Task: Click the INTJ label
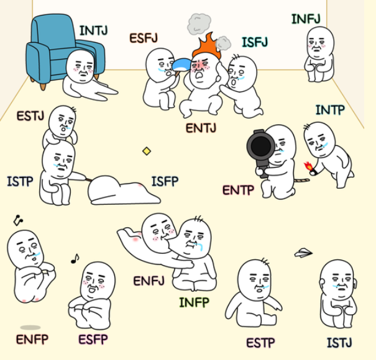[93, 30]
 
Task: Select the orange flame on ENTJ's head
[207, 47]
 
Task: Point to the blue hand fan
[181, 65]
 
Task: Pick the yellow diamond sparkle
[147, 151]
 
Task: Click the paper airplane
[303, 253]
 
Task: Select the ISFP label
[165, 181]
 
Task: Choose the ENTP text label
[238, 190]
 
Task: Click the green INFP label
[195, 302]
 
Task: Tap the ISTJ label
[339, 343]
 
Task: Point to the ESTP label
[260, 343]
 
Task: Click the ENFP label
[32, 339]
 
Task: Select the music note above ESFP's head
[75, 259]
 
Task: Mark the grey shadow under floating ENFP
[30, 327]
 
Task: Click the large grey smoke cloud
[199, 24]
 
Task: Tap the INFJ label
[306, 19]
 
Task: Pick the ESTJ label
[30, 116]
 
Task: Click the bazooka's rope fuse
[302, 180]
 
